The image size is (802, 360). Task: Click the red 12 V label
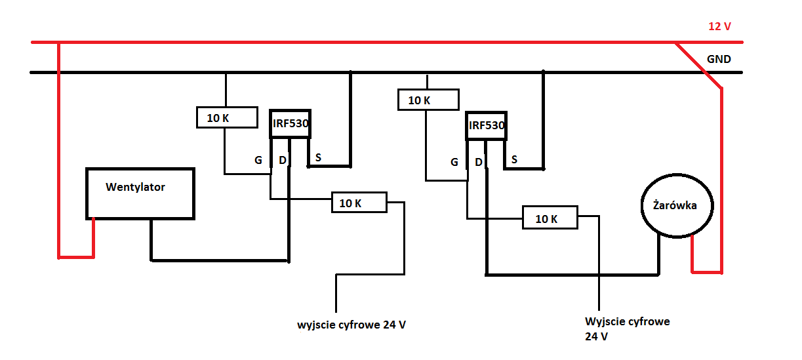[719, 26]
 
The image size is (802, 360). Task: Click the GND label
[719, 59]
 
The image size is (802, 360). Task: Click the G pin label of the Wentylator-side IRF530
[258, 160]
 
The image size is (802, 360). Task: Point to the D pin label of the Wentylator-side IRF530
[283, 160]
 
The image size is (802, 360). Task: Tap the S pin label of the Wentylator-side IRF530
[318, 157]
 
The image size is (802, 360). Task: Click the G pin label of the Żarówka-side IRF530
[454, 162]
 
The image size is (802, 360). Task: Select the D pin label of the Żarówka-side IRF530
[479, 162]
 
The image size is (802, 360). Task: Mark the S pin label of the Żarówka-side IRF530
[515, 159]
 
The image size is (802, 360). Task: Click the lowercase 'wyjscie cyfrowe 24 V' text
[351, 325]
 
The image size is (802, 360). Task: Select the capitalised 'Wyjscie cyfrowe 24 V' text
[628, 329]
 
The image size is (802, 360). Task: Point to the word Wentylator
[135, 187]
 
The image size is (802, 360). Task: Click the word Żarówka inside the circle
[675, 205]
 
